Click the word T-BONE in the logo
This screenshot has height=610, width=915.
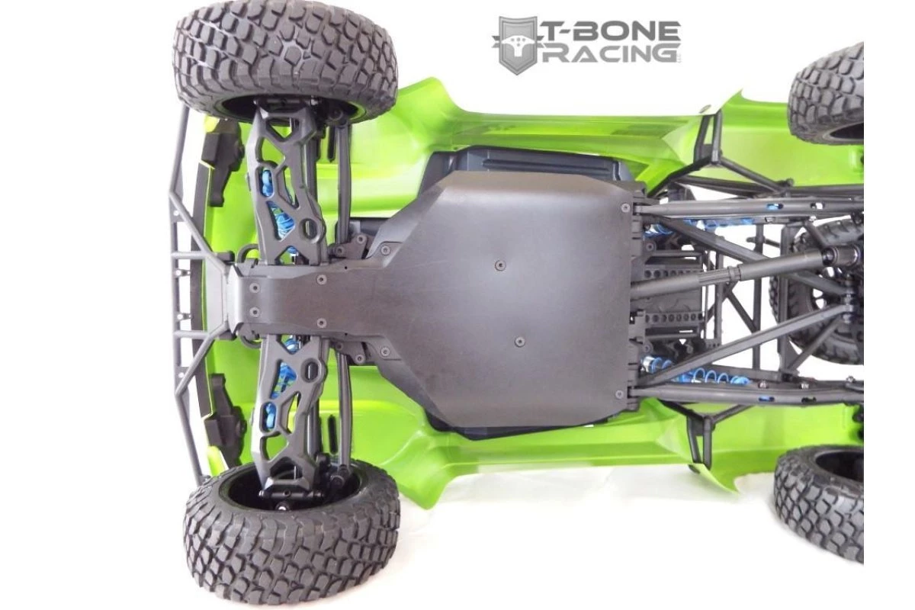click(x=613, y=31)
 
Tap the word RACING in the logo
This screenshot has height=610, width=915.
click(x=608, y=55)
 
